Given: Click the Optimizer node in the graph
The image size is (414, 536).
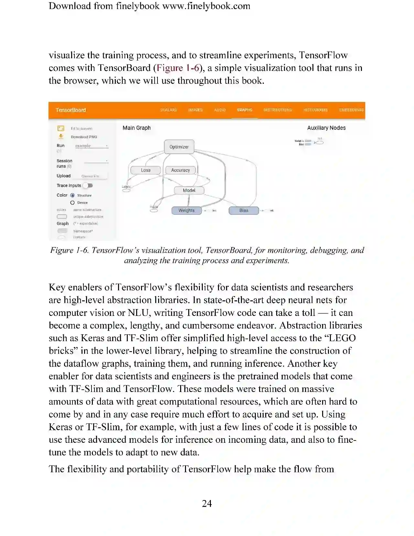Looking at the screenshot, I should pos(179,147).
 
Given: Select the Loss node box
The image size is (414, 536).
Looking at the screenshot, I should pos(146,170).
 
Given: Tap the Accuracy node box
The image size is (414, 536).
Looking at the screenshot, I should pos(180,170).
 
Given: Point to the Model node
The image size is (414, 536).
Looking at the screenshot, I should pos(189,190).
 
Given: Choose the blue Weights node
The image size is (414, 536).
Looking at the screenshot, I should pos(187,210).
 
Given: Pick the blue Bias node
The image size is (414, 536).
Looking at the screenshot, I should pos(244,210).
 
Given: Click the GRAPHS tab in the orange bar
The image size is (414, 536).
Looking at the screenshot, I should pos(245,110).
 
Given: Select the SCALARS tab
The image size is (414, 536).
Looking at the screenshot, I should pos(168,110).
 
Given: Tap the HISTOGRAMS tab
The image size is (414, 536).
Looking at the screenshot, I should pos(315,110).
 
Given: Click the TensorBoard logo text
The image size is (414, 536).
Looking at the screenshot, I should pos(71,110).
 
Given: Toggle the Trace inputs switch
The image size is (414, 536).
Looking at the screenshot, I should pos(88,185).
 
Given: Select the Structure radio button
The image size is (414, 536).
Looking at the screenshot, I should pos(72,195).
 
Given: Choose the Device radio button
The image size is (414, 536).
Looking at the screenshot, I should pos(72,203).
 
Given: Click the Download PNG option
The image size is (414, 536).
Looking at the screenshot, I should pos(84,137).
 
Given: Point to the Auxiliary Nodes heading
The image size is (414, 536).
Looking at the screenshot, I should pos(326,128).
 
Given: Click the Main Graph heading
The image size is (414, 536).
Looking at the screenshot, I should pos(136,128).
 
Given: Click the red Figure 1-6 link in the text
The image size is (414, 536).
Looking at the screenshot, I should pos(178,68).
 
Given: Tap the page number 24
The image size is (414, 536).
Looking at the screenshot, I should pos(207,503).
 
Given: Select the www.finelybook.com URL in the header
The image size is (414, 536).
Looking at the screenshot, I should pos(206,6).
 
